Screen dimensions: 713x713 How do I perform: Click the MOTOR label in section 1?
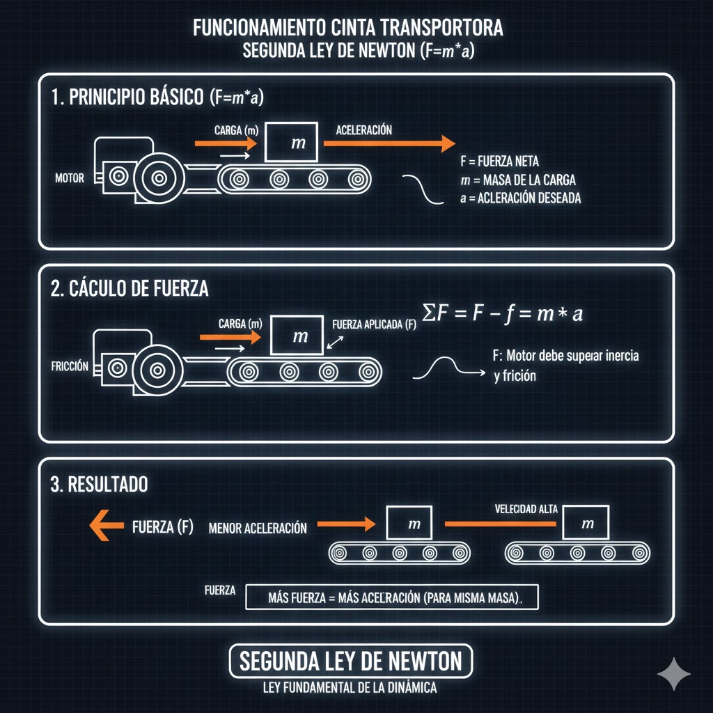point(69,178)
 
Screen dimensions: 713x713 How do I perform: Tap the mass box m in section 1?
point(291,143)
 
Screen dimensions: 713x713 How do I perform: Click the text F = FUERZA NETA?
point(499,162)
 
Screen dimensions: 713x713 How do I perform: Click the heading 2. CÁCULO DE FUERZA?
point(130,289)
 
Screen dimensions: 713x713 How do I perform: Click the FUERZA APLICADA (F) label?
point(375,324)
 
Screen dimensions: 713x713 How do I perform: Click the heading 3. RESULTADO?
point(99,485)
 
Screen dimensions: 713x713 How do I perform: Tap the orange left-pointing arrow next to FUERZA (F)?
point(107,526)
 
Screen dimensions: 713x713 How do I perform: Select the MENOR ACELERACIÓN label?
point(258,528)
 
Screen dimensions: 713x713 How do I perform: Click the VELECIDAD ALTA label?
point(526,509)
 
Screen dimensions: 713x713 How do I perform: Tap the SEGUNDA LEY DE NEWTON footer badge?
point(350,661)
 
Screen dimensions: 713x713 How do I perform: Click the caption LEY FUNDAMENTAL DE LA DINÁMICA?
point(350,688)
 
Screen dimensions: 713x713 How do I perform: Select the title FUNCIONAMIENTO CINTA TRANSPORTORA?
point(347,29)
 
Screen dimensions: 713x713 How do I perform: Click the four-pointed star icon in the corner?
point(674,674)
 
